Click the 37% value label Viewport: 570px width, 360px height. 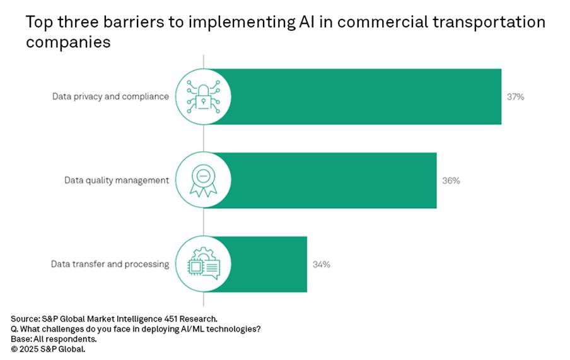point(515,97)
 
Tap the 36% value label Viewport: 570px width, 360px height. point(451,180)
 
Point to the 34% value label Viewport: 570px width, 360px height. point(321,264)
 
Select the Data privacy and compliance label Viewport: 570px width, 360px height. point(110,97)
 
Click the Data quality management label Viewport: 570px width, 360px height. point(117,180)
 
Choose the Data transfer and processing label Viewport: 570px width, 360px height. point(110,264)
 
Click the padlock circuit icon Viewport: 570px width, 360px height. point(203,97)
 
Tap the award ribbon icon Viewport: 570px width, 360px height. point(203,180)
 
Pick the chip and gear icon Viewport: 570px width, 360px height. point(203,264)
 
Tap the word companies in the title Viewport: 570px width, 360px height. point(68,43)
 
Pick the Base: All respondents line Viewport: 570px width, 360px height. point(54,338)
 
